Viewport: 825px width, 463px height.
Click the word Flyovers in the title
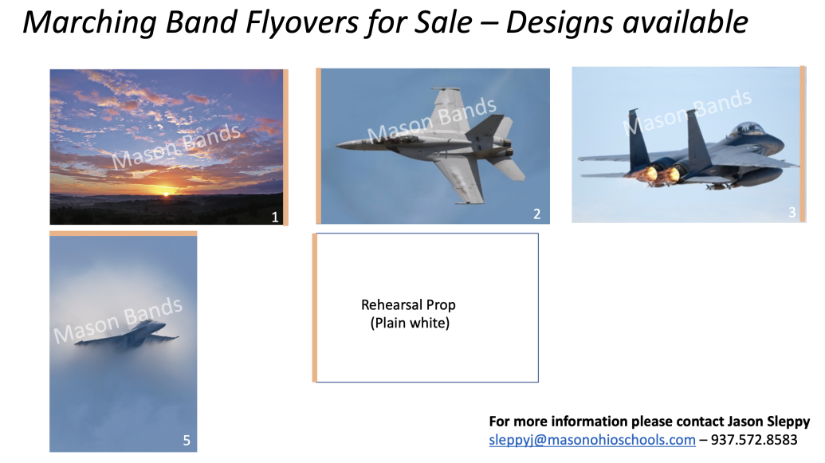click(301, 24)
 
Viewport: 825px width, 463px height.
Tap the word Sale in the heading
click(443, 22)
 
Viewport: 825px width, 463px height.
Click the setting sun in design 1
click(167, 193)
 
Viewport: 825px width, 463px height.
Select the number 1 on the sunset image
click(275, 218)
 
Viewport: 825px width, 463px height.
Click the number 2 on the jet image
click(536, 214)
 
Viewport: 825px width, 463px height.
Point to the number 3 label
click(792, 213)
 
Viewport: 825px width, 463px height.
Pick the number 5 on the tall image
click(187, 441)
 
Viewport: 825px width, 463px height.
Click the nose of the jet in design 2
click(338, 144)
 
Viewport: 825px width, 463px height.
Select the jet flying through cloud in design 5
click(127, 334)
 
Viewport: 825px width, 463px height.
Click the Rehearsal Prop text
click(408, 305)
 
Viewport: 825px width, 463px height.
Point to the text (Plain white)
click(410, 323)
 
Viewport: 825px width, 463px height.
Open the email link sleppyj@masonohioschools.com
click(592, 440)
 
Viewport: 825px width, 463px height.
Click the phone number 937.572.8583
click(754, 440)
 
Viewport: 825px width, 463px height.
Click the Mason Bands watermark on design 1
click(175, 147)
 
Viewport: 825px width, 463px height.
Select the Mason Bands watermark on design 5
click(118, 320)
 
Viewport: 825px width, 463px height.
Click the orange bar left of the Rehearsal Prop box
click(315, 308)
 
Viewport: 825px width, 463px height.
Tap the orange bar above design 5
click(123, 233)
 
